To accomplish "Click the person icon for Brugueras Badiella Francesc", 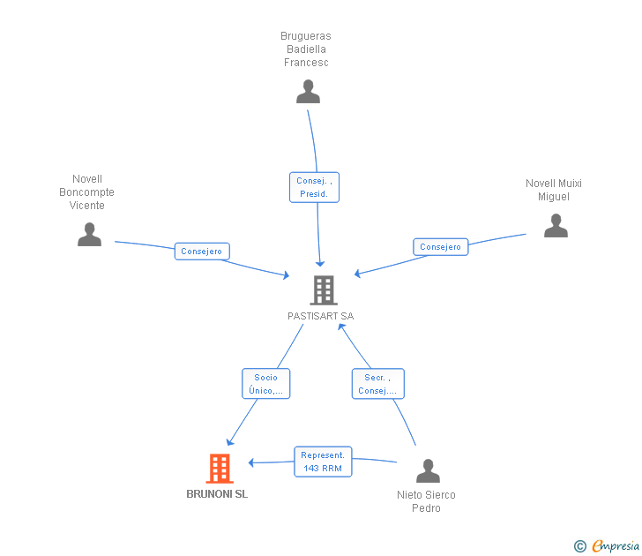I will coord(308,92).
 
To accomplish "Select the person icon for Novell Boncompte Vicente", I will coord(89,235).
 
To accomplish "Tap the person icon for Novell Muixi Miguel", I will coord(556,226).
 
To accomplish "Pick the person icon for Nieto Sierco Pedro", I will coord(428,471).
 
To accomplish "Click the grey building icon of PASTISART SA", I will coord(323,290).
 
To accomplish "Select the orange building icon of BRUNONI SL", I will coord(219,469).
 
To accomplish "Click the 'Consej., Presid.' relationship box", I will coord(314,187).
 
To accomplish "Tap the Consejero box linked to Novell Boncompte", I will coord(202,252).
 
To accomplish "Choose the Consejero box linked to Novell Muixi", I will coord(440,247).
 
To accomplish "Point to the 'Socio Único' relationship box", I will coord(265,384).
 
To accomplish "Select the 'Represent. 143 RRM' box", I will coord(322,462).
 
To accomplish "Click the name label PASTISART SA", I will coord(320,316).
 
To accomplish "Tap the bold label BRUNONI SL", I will coord(217,494).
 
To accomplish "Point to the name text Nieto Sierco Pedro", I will coord(426,501).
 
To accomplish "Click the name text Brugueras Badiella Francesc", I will coord(306,49).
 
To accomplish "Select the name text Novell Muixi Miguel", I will coord(554,190).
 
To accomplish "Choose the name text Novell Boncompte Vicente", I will coord(86,192).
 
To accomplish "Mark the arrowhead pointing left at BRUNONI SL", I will coord(252,462).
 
